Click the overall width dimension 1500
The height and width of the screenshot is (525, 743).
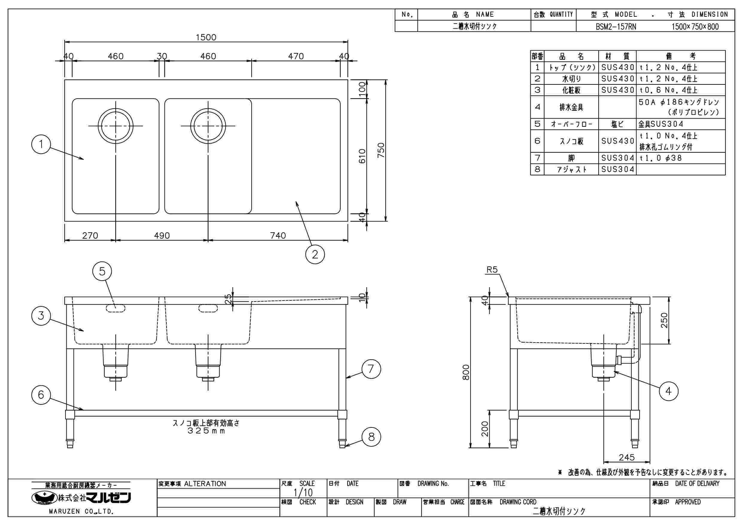206,38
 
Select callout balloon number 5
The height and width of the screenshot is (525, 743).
102,271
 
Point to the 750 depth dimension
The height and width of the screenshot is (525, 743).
381,150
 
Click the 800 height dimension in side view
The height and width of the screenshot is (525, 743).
466,372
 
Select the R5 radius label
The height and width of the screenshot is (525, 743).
492,270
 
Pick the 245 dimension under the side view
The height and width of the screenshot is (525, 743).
627,457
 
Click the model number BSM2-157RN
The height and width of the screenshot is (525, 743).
616,27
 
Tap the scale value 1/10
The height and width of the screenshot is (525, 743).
303,493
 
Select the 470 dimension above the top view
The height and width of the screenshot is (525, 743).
296,56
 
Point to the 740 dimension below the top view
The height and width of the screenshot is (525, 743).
278,235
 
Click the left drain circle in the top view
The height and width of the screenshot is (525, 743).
115,126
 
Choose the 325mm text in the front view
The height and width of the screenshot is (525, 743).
206,431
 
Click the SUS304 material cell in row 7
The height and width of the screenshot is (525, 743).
617,158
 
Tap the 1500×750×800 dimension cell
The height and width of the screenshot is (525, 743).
695,27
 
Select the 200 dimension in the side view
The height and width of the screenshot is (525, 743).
485,429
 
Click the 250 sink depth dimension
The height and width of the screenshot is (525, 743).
664,320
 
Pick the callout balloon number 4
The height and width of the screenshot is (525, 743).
669,391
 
